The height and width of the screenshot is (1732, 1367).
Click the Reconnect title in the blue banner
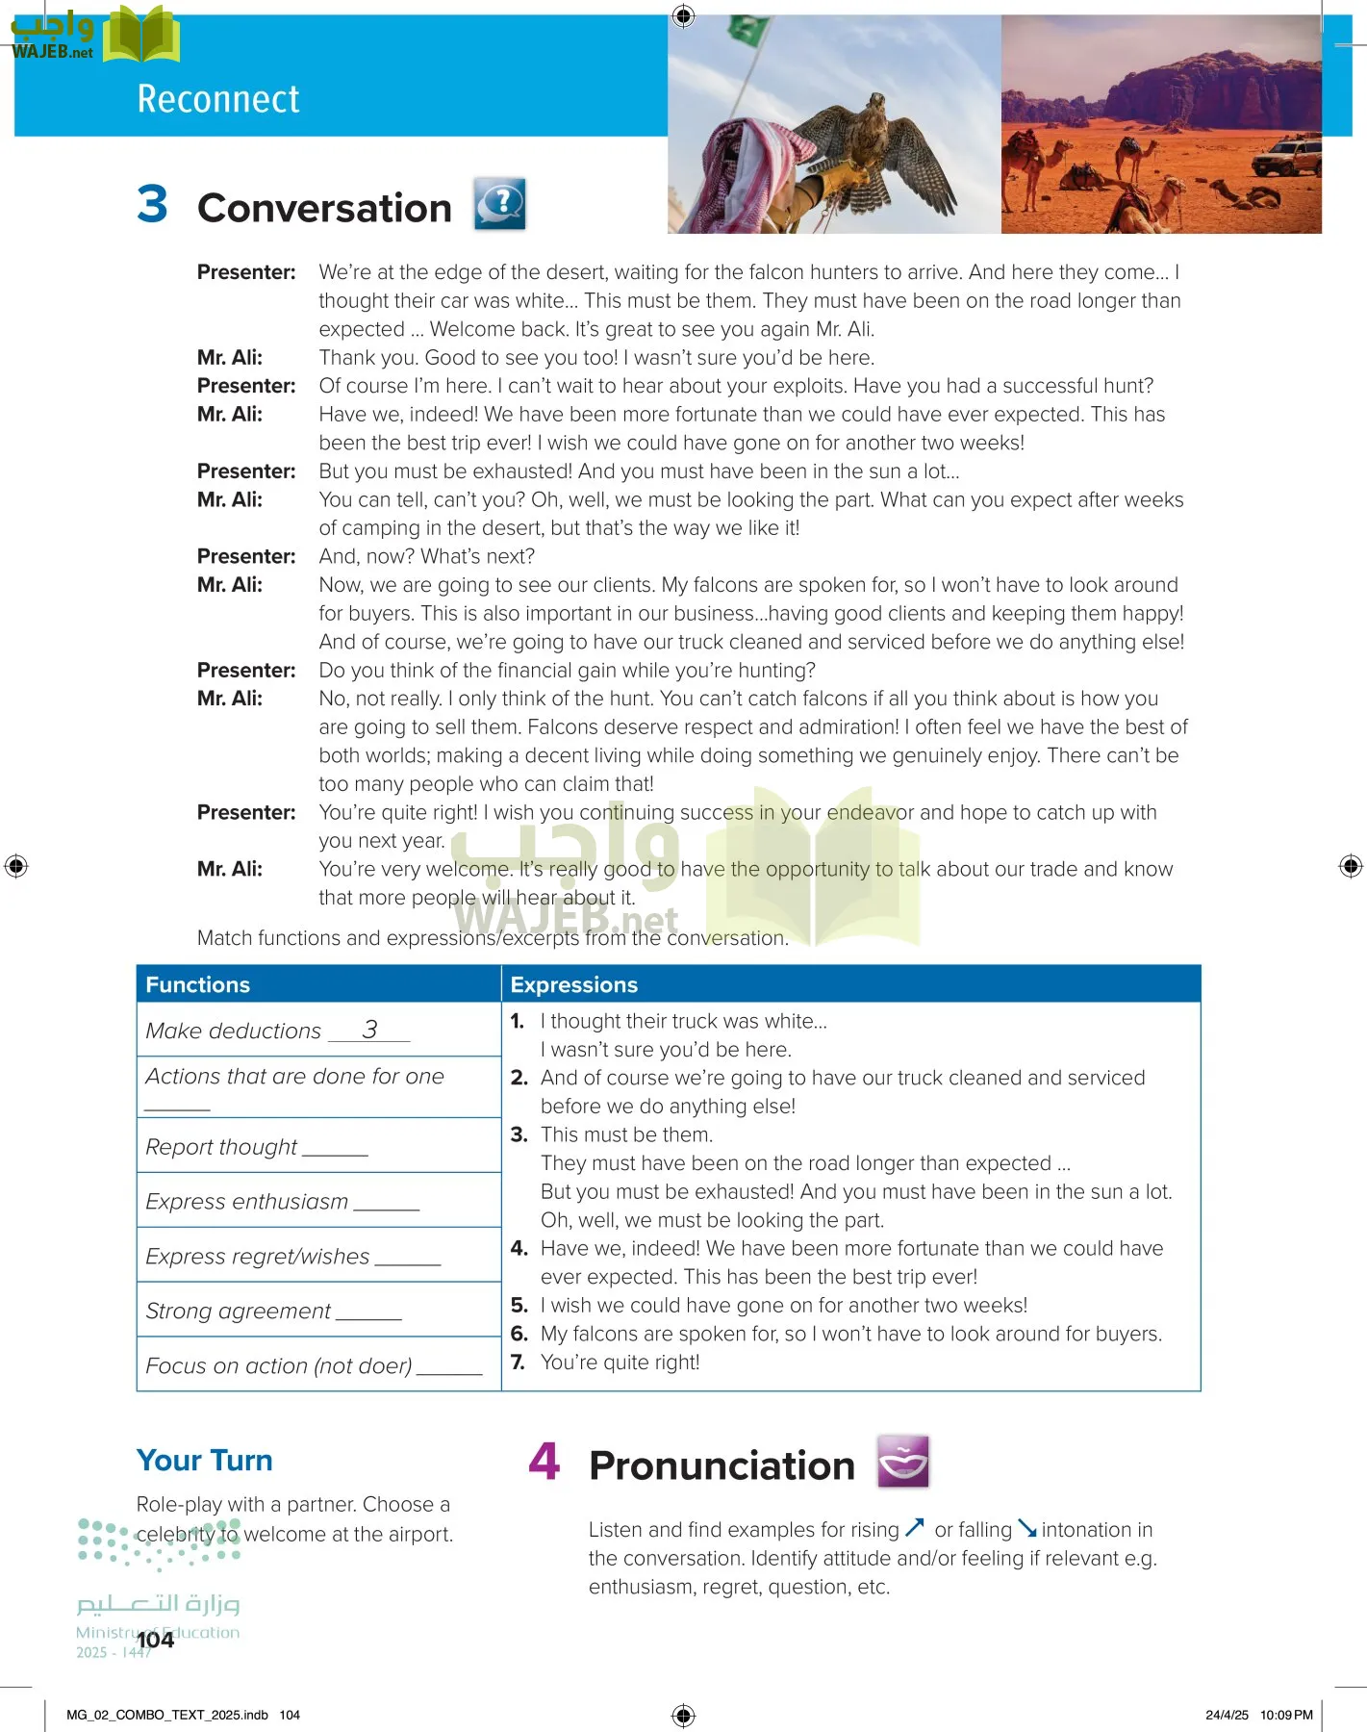(218, 99)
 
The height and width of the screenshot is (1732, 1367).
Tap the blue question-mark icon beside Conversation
(499, 203)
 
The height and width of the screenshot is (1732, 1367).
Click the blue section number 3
(152, 204)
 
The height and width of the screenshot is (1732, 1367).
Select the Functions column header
(197, 984)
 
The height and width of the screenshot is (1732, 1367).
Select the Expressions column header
(573, 984)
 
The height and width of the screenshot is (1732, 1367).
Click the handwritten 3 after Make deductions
(370, 1030)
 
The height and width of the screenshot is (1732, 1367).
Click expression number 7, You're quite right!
(620, 1362)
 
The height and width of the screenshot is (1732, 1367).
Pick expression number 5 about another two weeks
(783, 1305)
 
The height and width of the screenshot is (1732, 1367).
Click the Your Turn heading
(204, 1460)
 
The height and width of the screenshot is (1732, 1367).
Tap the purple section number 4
(544, 1462)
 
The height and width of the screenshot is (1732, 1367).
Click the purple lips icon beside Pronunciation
(902, 1462)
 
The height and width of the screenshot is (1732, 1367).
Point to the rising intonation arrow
(914, 1527)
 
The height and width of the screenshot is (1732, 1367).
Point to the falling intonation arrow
(1027, 1528)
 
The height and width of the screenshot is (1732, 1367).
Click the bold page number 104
(155, 1640)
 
